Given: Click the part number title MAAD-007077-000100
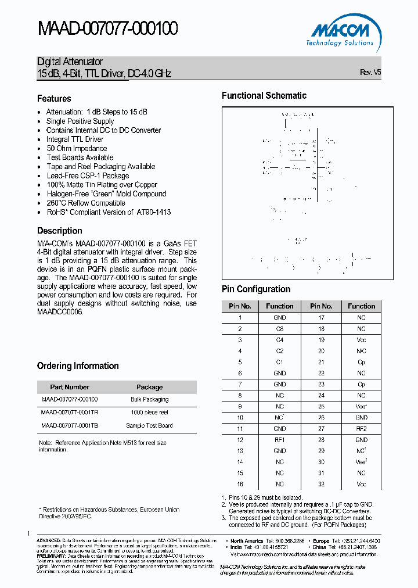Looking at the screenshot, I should (x=107, y=28).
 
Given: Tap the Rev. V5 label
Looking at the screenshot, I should (x=370, y=73).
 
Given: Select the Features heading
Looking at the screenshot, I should (x=54, y=99).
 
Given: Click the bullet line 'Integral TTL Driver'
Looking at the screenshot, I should (x=75, y=139).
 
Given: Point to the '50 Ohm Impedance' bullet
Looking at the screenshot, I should (x=77, y=148).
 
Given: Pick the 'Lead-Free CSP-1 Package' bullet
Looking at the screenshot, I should (x=88, y=175).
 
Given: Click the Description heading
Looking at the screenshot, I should (x=59, y=231).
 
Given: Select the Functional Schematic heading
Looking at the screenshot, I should (x=264, y=96).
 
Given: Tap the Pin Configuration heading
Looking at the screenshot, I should (x=256, y=289).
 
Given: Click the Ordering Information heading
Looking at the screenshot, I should (x=78, y=366).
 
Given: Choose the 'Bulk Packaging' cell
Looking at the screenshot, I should (x=149, y=400).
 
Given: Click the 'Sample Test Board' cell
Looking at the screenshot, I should (x=149, y=425).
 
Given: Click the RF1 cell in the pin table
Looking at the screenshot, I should (x=280, y=440).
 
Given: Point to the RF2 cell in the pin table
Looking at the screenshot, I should (x=362, y=429).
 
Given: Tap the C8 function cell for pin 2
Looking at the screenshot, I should (x=280, y=329).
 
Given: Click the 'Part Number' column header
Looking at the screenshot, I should (x=70, y=387).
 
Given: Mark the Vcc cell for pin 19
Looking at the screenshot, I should (x=362, y=340).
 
